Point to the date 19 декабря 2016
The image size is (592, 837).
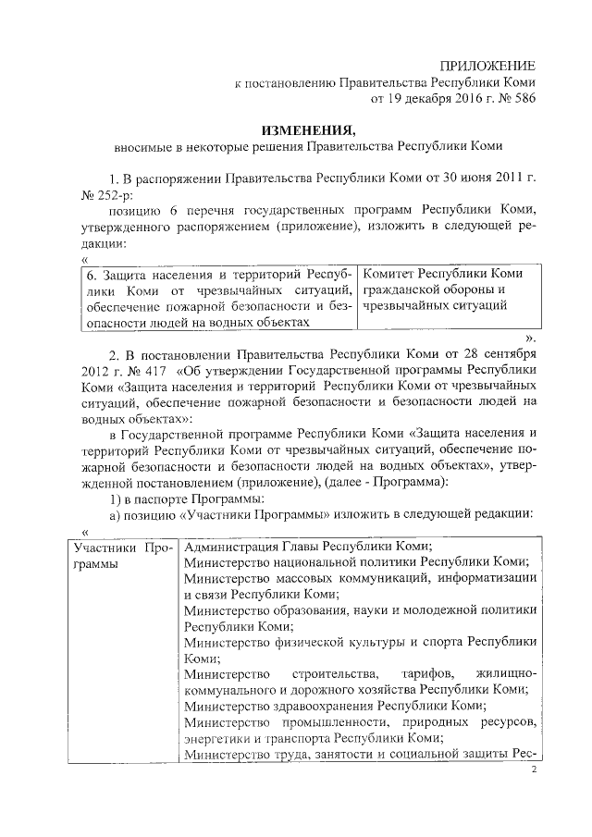[x=428, y=95]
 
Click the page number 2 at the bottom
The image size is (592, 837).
[x=534, y=769]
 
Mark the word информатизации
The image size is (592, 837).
[x=493, y=577]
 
